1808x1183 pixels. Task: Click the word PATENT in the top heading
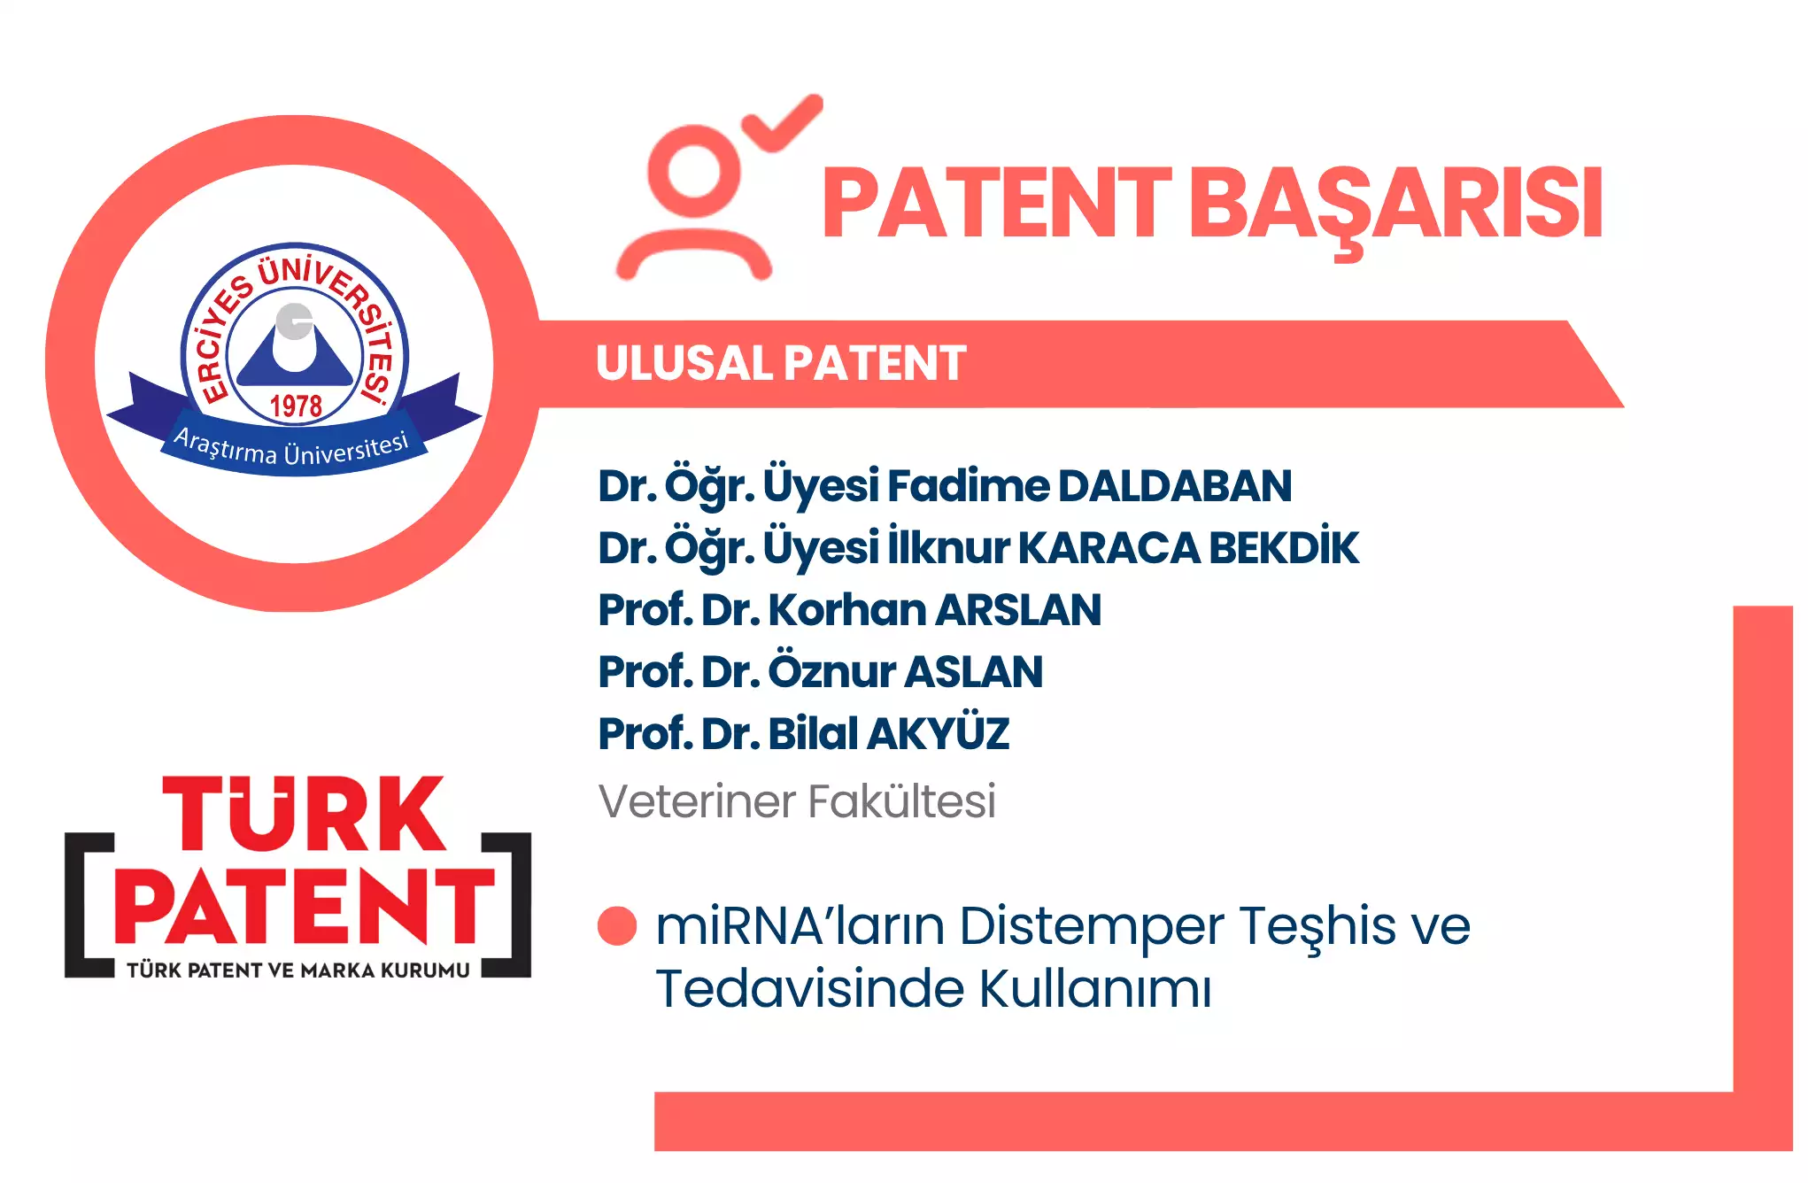pos(996,204)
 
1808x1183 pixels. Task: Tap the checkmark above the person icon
pos(783,123)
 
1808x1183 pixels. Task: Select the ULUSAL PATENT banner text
pos(781,363)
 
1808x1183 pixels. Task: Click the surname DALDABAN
pos(1175,486)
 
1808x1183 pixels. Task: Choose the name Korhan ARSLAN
pos(935,610)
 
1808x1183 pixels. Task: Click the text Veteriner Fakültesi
pos(797,801)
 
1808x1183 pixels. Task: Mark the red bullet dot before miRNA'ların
pos(617,926)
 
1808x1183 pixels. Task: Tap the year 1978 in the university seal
pos(296,406)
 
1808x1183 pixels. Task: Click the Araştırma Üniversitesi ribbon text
pos(291,448)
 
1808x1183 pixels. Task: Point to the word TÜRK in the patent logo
pos(303,814)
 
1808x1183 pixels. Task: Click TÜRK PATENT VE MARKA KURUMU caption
pos(298,970)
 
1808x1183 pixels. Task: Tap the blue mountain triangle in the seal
pos(295,353)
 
